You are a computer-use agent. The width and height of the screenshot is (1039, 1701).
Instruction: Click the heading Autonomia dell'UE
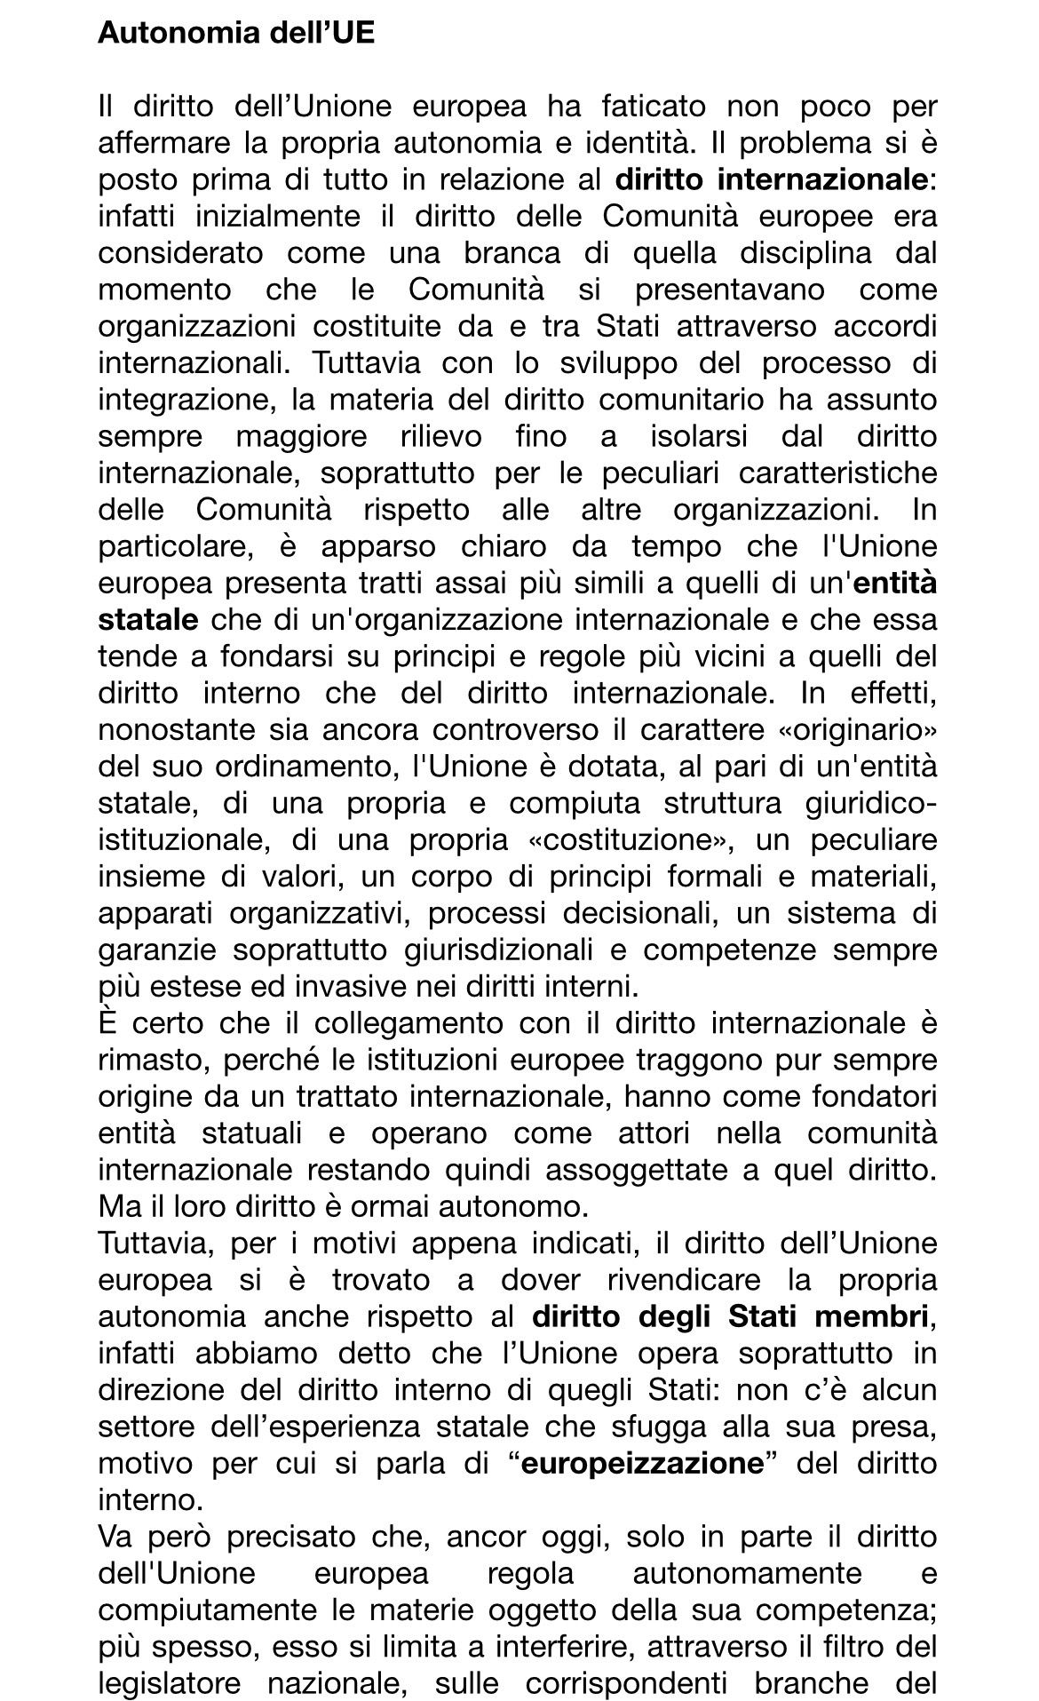[x=236, y=33]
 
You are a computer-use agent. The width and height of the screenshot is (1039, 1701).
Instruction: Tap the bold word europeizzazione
[x=643, y=1463]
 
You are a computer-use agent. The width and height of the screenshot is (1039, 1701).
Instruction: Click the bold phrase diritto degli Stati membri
[x=731, y=1316]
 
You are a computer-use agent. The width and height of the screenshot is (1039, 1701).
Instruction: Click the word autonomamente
[x=747, y=1573]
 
